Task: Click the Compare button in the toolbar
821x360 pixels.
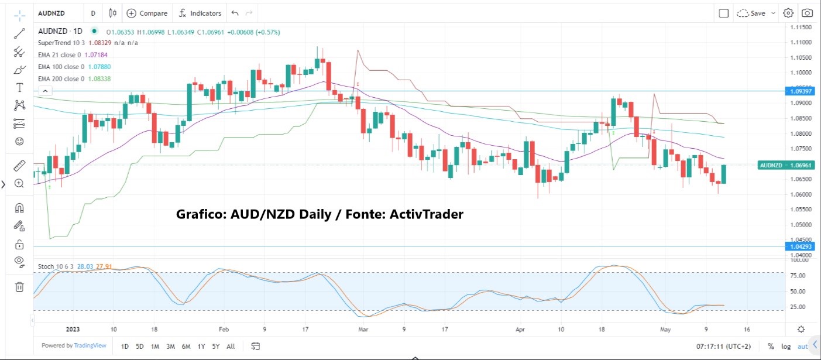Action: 147,13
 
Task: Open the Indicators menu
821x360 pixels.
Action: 200,13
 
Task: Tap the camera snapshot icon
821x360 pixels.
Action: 807,13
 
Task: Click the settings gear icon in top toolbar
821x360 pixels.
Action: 788,13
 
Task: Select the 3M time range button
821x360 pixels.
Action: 170,347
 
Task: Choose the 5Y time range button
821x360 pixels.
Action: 216,347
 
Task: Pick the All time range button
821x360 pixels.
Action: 231,347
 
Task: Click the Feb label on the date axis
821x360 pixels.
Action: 223,330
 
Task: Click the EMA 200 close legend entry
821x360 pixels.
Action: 61,78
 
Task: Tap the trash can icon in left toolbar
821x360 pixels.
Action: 19,286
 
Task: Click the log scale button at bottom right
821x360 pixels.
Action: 785,347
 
